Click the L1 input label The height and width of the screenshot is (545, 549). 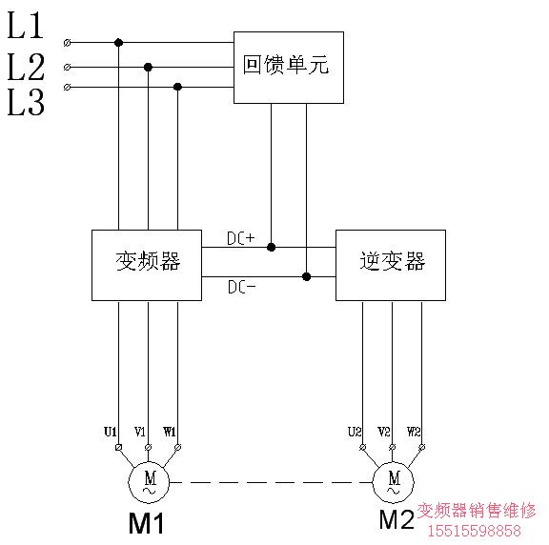click(x=26, y=28)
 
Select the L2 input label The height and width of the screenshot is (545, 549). click(x=26, y=67)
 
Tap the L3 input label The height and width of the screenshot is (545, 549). click(x=26, y=103)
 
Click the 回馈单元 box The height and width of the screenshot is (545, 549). click(x=289, y=68)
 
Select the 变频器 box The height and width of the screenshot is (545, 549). click(x=146, y=265)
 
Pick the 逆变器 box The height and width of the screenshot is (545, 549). click(x=390, y=265)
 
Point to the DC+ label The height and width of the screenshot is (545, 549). click(x=240, y=238)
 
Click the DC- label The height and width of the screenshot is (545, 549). click(x=240, y=287)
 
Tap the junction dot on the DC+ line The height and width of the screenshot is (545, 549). click(x=271, y=247)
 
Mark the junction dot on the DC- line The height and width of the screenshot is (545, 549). click(x=306, y=276)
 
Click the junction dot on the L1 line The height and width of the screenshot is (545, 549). click(x=118, y=42)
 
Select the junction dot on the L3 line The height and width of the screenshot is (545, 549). click(x=177, y=87)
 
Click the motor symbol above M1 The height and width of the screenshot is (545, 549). click(x=149, y=482)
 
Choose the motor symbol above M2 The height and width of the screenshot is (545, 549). click(x=393, y=482)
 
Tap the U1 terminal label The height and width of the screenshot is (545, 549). click(x=111, y=432)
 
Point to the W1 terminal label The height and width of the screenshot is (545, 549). click(x=170, y=432)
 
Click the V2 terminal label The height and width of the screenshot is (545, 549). click(x=384, y=432)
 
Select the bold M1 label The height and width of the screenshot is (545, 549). click(x=148, y=524)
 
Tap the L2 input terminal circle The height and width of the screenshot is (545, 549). click(x=66, y=67)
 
